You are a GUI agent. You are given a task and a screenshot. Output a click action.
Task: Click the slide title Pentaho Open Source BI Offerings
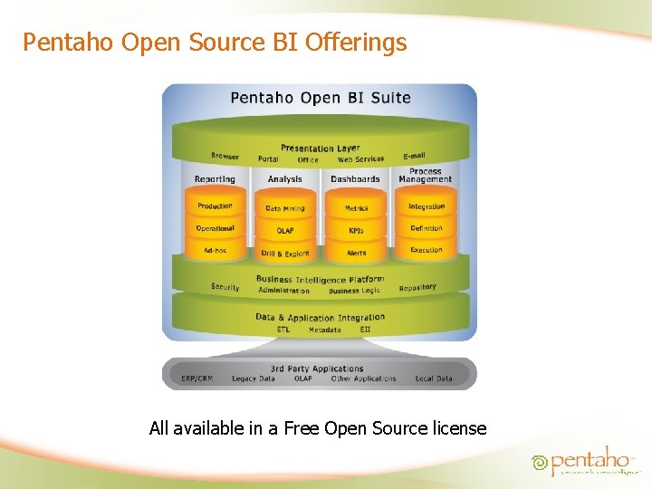point(215,42)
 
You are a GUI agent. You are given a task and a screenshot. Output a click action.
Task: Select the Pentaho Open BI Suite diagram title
point(321,98)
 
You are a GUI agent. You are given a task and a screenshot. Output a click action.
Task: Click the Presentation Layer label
point(320,148)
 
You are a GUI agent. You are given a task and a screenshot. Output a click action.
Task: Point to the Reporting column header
point(215,179)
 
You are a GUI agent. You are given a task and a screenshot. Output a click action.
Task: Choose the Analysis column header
point(284,179)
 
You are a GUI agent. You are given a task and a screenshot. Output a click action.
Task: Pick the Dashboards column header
point(355,179)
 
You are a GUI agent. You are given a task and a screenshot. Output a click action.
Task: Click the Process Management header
point(425,175)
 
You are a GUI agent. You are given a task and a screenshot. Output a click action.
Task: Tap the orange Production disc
point(215,206)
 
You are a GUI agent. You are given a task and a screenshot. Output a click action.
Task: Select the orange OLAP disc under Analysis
point(285,230)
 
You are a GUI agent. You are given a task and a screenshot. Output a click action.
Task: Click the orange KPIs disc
point(356,230)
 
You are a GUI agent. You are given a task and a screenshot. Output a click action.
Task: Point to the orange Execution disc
point(427,250)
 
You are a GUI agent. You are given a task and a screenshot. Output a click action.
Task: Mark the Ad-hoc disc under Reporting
point(215,250)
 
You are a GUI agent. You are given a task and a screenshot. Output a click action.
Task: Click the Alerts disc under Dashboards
point(356,253)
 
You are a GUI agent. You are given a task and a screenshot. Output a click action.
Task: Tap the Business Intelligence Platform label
point(320,280)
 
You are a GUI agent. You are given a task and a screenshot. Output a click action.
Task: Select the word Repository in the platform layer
point(417,287)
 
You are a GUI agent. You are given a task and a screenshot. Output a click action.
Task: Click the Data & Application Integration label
point(320,318)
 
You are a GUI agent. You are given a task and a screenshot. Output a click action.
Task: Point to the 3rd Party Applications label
point(317,369)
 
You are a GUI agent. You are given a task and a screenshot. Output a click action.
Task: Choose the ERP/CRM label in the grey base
point(197,379)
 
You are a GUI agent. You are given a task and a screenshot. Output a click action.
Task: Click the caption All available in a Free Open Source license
point(318,428)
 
